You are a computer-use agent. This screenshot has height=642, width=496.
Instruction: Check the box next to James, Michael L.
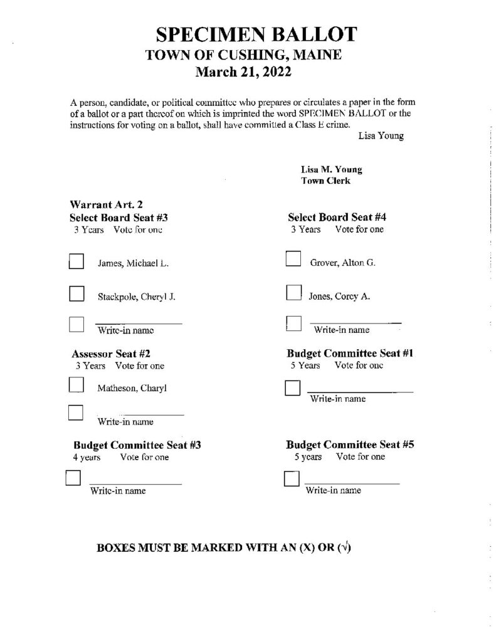pos(77,261)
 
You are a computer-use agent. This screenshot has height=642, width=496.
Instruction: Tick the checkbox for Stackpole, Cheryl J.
pos(77,294)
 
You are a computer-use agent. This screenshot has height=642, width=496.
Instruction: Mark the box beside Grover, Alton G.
pos(293,259)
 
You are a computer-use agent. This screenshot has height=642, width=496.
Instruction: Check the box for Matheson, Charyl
pos(76,384)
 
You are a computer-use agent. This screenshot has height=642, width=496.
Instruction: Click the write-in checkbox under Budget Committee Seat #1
pos(292,389)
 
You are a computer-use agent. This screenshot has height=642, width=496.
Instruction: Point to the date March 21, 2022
pos(244,72)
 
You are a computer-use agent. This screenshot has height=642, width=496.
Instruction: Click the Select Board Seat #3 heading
pos(119,218)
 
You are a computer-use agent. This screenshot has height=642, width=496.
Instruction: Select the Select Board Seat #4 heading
pos(337,218)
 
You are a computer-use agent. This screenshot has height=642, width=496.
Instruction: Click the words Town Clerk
pos(325,181)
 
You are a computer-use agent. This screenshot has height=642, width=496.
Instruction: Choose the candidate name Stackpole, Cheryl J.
pos(136,297)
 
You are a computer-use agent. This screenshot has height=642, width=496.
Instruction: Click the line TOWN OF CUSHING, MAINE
pos(243,55)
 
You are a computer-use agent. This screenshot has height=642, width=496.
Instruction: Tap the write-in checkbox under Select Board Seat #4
pos(293,323)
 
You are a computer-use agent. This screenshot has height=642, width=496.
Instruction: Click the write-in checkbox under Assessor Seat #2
pos(75,412)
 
